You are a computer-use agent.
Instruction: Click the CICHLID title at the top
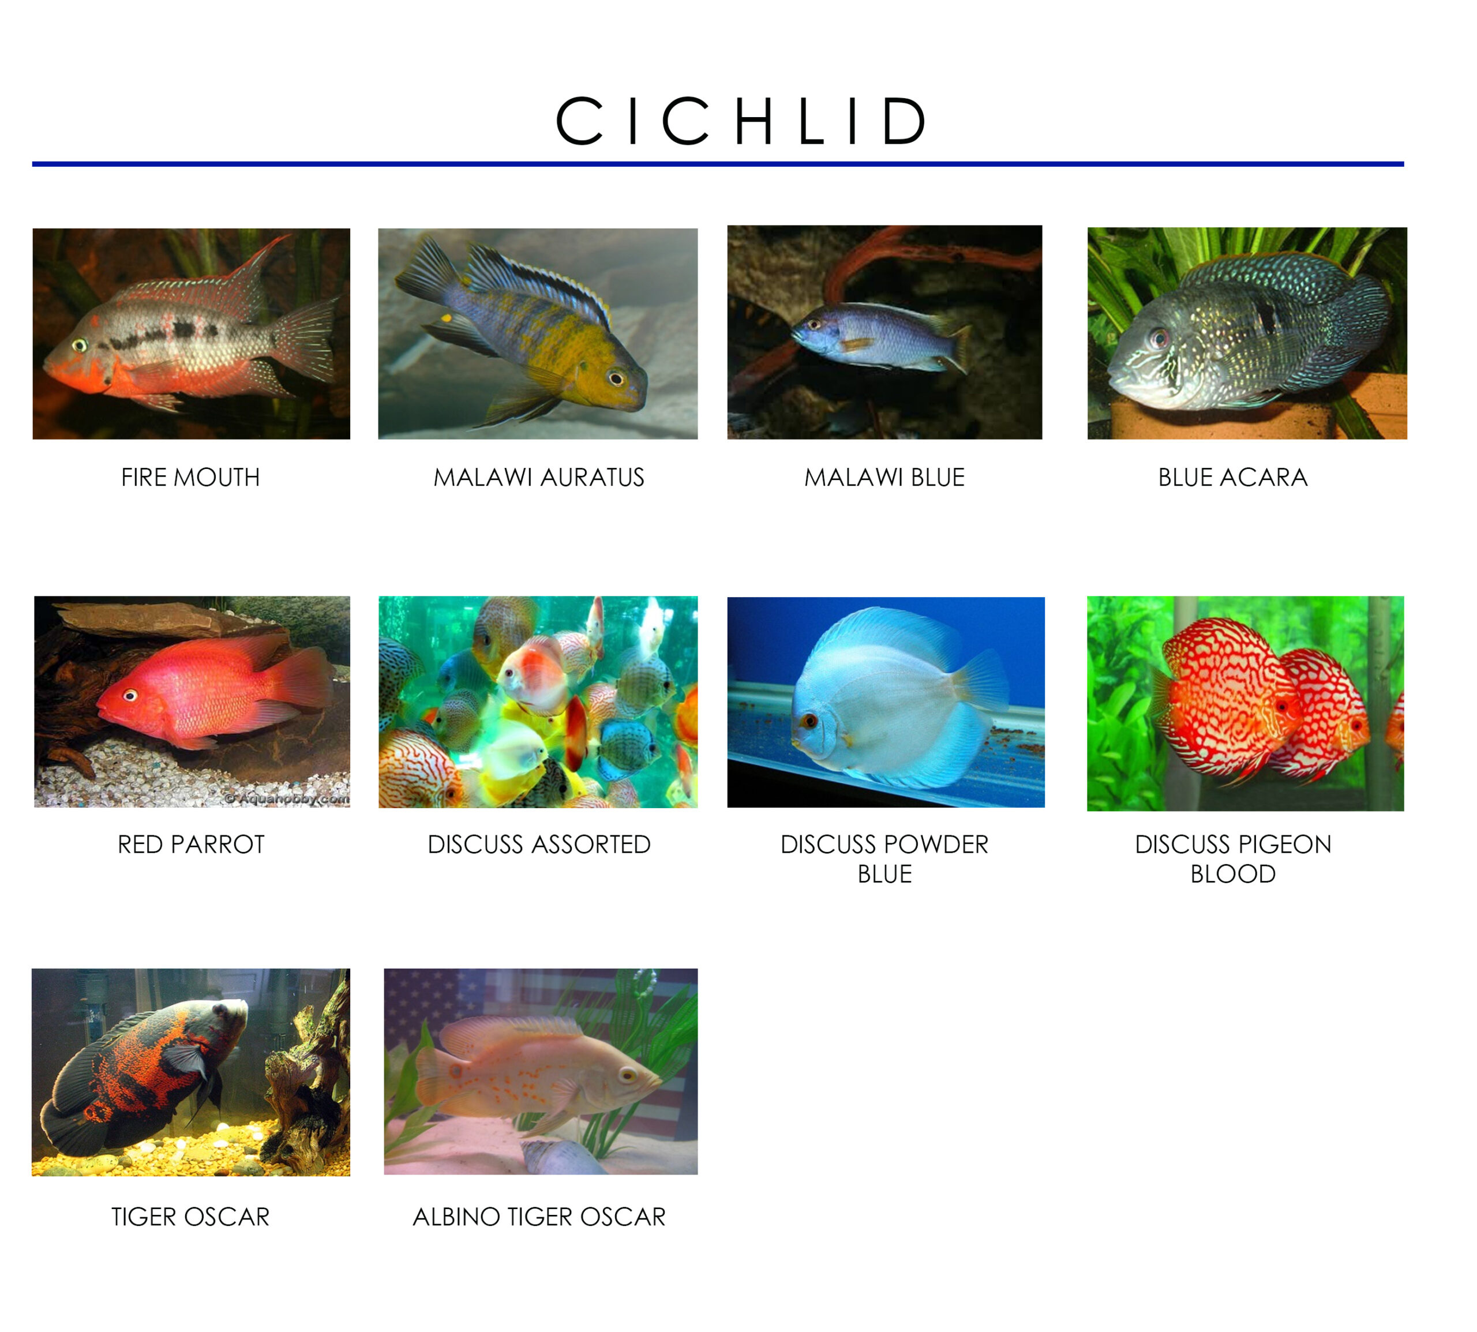click(741, 121)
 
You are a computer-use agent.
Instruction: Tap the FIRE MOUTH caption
click(190, 477)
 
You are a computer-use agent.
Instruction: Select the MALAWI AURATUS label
click(539, 477)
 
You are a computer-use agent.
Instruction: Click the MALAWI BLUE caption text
click(884, 477)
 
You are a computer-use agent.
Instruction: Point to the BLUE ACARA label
click(1232, 477)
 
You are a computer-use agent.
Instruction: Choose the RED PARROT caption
click(191, 845)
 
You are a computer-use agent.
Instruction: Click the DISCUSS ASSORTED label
click(539, 845)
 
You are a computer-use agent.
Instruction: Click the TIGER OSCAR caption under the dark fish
click(190, 1217)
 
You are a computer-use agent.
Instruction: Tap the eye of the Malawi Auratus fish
click(616, 378)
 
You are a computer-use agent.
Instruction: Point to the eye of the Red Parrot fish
click(130, 695)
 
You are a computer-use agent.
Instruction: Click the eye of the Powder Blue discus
click(809, 721)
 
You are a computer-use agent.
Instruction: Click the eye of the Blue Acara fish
click(1159, 338)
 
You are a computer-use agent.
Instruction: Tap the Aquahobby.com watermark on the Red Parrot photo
click(287, 798)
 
